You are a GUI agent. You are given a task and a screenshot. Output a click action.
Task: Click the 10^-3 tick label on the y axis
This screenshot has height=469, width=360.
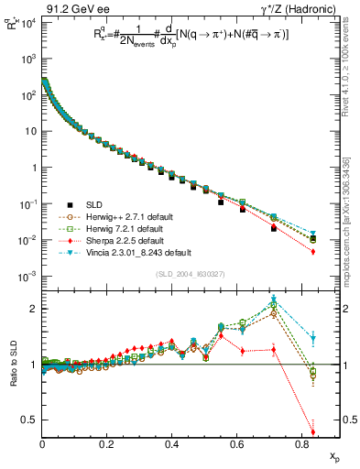coord(27,276)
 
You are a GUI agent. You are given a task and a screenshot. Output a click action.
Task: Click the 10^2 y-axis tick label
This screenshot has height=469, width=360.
coord(27,94)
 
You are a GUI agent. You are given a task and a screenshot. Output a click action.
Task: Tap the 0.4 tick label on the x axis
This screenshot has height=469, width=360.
coord(171,443)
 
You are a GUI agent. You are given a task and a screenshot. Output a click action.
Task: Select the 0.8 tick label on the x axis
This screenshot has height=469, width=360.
coord(301,443)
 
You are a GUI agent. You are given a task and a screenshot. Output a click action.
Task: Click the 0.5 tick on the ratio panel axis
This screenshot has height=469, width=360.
coord(29,420)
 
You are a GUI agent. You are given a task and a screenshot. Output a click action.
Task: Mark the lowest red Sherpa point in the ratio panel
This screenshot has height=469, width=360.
coord(313,432)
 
